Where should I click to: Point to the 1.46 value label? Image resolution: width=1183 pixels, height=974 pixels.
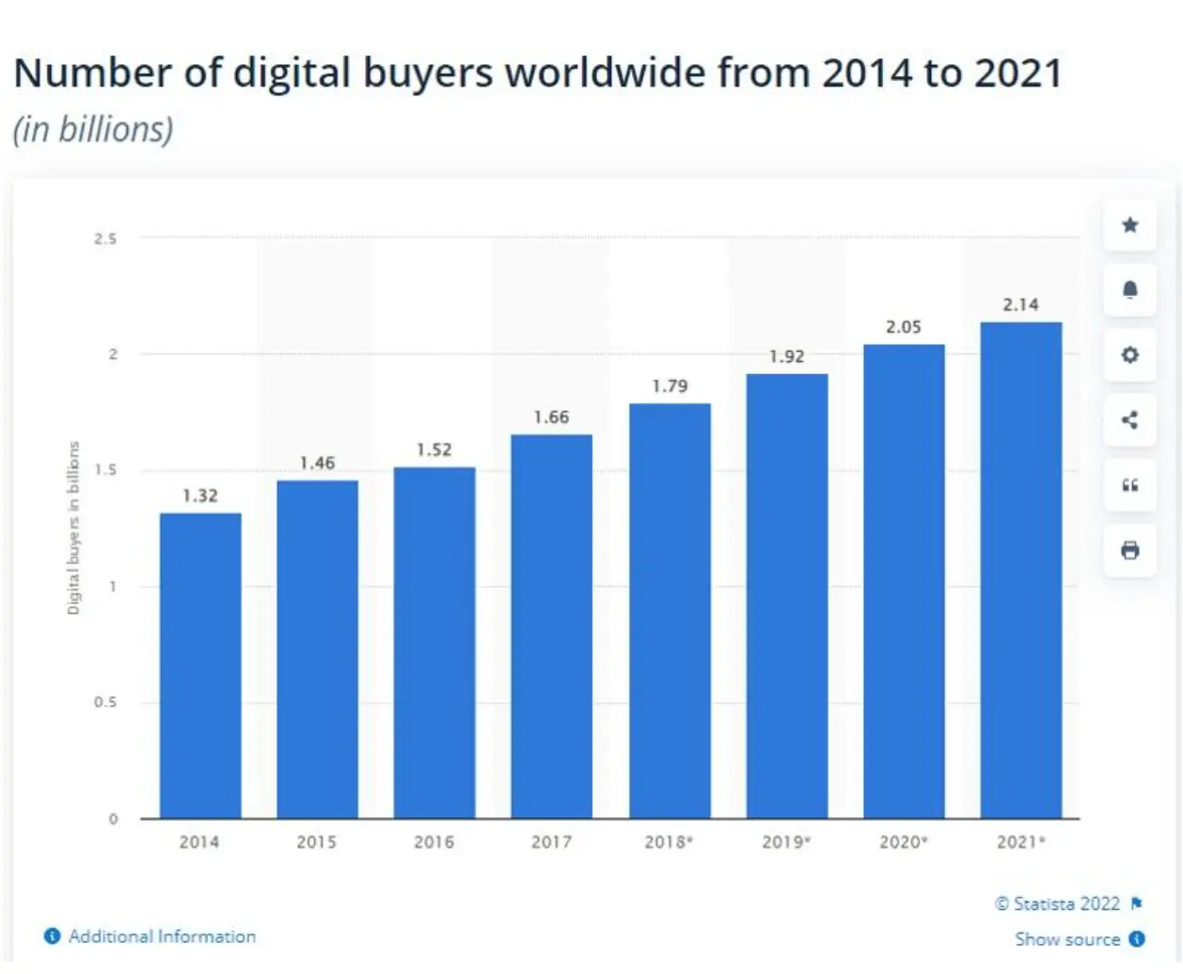point(318,463)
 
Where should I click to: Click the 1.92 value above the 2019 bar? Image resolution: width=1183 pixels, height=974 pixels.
point(787,356)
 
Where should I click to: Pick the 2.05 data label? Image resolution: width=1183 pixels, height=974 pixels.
point(904,327)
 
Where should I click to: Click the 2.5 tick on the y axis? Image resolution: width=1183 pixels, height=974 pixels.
point(105,239)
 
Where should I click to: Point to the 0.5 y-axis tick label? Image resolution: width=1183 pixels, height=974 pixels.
point(105,702)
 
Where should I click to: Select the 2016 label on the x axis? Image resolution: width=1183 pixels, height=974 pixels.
point(434,842)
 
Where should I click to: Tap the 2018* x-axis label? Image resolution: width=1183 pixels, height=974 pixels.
point(669,842)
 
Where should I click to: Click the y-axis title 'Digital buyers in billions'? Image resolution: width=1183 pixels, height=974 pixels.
point(73,528)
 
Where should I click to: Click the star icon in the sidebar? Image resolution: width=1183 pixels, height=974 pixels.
point(1130,225)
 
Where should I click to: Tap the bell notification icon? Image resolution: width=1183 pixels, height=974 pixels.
point(1130,290)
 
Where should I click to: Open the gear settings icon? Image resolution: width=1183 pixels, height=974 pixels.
point(1130,354)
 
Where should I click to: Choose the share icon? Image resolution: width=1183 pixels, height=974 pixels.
point(1130,419)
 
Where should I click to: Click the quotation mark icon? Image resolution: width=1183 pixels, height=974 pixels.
point(1130,485)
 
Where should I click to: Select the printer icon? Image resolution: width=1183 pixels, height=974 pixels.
point(1130,550)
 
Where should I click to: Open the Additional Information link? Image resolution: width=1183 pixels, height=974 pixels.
point(162,936)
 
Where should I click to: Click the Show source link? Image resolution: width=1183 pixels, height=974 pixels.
point(1067,939)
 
